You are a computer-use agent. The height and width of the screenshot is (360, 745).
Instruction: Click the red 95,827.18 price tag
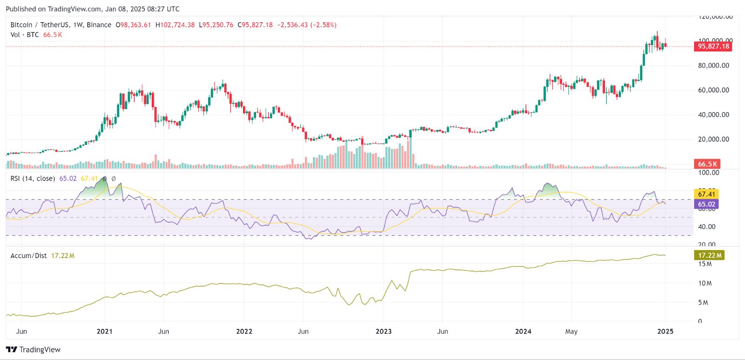[x=713, y=46]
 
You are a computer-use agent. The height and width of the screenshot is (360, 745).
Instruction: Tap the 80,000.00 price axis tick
[x=713, y=66]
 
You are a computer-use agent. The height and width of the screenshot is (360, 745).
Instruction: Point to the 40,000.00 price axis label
[x=713, y=115]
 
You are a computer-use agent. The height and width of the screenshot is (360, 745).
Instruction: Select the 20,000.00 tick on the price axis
[x=713, y=139]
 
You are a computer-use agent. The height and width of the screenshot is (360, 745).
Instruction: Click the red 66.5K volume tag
[x=707, y=164]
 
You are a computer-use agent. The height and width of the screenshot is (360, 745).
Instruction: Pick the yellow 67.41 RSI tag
[x=706, y=194]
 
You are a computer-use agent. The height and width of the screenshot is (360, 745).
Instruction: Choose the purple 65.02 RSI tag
[x=706, y=204]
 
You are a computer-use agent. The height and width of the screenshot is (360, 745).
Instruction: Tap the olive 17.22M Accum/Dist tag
[x=709, y=255]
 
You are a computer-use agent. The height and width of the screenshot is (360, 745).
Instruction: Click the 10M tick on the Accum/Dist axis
[x=705, y=283]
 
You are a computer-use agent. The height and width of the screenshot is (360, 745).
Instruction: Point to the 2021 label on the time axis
[x=104, y=332]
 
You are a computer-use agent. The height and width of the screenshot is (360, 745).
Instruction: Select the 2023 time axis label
[x=384, y=332]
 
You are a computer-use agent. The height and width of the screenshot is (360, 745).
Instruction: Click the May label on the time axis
[x=571, y=332]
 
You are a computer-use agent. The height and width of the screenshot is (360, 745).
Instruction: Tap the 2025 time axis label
[x=665, y=332]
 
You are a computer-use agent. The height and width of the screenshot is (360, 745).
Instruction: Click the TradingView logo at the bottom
[x=34, y=350]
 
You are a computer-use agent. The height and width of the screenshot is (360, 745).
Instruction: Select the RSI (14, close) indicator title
[x=33, y=178]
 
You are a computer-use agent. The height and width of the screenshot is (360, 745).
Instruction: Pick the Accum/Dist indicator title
[x=28, y=256]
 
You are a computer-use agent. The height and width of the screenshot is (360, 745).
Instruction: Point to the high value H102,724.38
[x=175, y=25]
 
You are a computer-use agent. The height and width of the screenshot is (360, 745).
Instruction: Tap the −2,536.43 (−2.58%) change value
[x=306, y=25]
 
